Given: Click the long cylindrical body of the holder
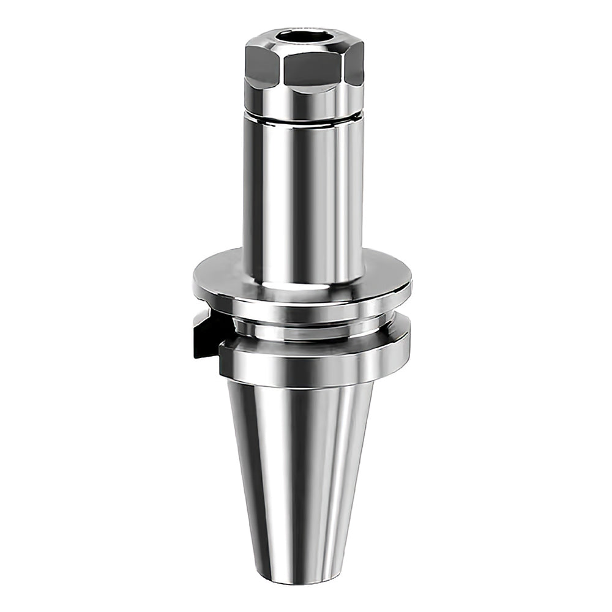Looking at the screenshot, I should click(304, 196).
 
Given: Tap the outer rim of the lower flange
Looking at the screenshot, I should click(312, 367).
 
